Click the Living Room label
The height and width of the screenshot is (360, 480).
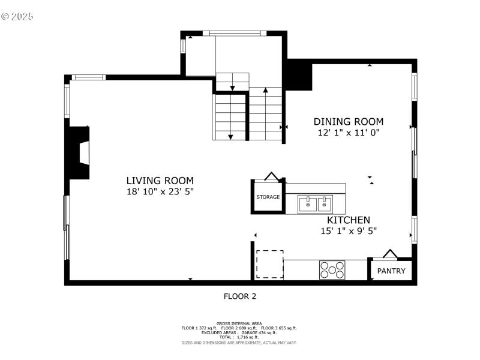coord(160,180)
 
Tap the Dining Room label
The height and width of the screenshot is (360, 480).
coord(348,122)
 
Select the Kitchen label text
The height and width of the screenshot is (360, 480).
coord(348,220)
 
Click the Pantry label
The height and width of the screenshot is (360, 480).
coord(391,271)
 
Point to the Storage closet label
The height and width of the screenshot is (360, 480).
coord(268,197)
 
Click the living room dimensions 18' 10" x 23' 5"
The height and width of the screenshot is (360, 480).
coord(160,191)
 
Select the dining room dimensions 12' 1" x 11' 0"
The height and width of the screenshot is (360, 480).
coord(348,133)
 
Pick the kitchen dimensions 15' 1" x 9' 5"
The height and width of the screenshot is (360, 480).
coord(348,231)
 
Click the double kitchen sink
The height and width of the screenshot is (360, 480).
coord(316,204)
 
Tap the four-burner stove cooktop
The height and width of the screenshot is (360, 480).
coord(332,269)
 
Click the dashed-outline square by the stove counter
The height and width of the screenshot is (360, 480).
coord(269,264)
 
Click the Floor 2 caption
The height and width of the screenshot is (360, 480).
coord(239,296)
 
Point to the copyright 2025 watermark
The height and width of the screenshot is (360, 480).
coord(17,16)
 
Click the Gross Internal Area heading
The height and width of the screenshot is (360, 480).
coord(239,323)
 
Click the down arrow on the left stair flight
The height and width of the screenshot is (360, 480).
coord(230,137)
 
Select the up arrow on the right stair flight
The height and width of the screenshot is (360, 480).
coord(265,91)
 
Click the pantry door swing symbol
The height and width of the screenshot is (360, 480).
coord(390,254)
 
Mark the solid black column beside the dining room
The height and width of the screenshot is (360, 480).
coord(298,75)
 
